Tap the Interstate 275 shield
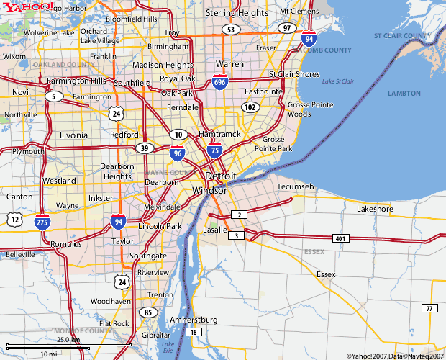click(x=42, y=222)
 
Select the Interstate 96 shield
click(x=177, y=152)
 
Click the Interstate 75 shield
click(x=214, y=149)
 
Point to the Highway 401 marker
click(x=340, y=238)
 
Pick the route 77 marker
click(x=429, y=308)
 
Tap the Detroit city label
click(x=221, y=176)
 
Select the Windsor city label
click(x=209, y=190)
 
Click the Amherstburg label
click(x=192, y=319)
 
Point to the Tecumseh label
click(x=296, y=186)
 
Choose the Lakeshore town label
click(x=375, y=209)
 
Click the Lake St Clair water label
click(x=339, y=82)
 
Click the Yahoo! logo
click(x=27, y=6)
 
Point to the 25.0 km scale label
click(x=68, y=339)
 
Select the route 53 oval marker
click(x=230, y=30)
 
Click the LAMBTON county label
click(x=404, y=94)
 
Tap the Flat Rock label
click(x=114, y=323)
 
